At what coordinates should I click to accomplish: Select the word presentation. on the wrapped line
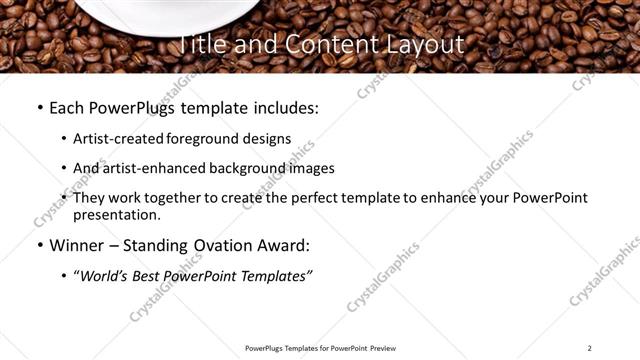click(116, 214)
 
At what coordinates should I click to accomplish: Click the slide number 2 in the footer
click(589, 348)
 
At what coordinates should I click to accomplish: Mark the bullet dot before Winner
click(39, 245)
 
